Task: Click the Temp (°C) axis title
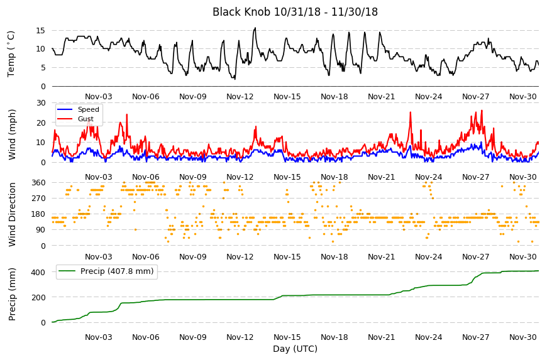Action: pyautogui.click(x=11, y=54)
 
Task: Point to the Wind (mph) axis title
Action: pyautogui.click(x=12, y=134)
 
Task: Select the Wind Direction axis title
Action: pyautogui.click(x=12, y=214)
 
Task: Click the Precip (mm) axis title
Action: pyautogui.click(x=12, y=294)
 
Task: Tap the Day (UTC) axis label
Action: pyautogui.click(x=295, y=349)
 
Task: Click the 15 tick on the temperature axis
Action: pyautogui.click(x=40, y=31)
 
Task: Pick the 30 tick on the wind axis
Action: pyautogui.click(x=40, y=103)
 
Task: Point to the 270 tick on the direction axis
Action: pyautogui.click(x=38, y=199)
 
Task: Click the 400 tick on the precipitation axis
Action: pyautogui.click(x=38, y=272)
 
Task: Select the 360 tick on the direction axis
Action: pyautogui.click(x=38, y=183)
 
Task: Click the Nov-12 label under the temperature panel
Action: pyautogui.click(x=240, y=97)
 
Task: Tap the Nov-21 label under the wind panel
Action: pyautogui.click(x=381, y=177)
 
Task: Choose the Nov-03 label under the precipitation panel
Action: pyautogui.click(x=98, y=337)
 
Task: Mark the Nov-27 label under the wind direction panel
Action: pyautogui.click(x=475, y=257)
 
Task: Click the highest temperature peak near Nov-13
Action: pyautogui.click(x=255, y=28)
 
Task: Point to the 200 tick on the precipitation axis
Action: pyautogui.click(x=38, y=298)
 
